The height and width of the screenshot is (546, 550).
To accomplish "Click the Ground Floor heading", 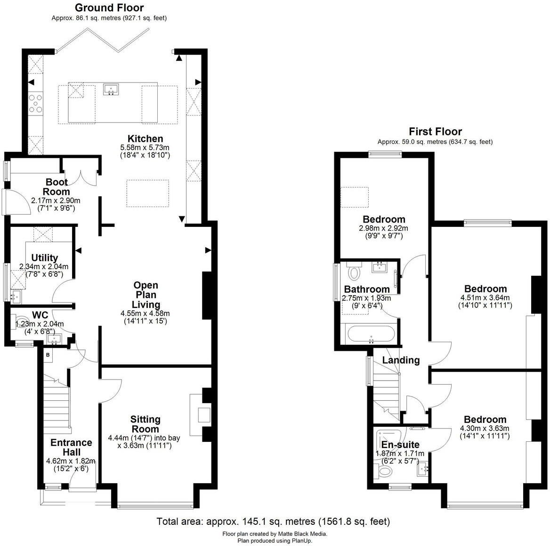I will pos(109,8).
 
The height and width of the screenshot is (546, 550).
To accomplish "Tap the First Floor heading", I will pos(435,132).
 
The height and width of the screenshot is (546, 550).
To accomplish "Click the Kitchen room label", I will pos(145,139).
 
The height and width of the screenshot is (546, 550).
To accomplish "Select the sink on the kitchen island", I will pos(112,89).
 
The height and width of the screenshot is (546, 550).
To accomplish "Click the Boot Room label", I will pos(57,187).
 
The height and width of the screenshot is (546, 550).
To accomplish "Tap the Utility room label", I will pos(44,257).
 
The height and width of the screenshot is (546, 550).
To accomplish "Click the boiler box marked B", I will pos(48,355).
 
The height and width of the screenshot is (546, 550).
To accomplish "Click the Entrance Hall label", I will pos(71,447).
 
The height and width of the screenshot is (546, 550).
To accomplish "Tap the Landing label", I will pos(401,360).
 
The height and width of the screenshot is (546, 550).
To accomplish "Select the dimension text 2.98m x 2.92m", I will pos(383,228).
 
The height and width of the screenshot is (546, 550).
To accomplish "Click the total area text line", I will pos(273,521).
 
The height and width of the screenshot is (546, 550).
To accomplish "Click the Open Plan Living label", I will pos(146,295).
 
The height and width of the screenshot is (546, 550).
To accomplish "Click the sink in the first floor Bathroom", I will pos(380,268).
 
